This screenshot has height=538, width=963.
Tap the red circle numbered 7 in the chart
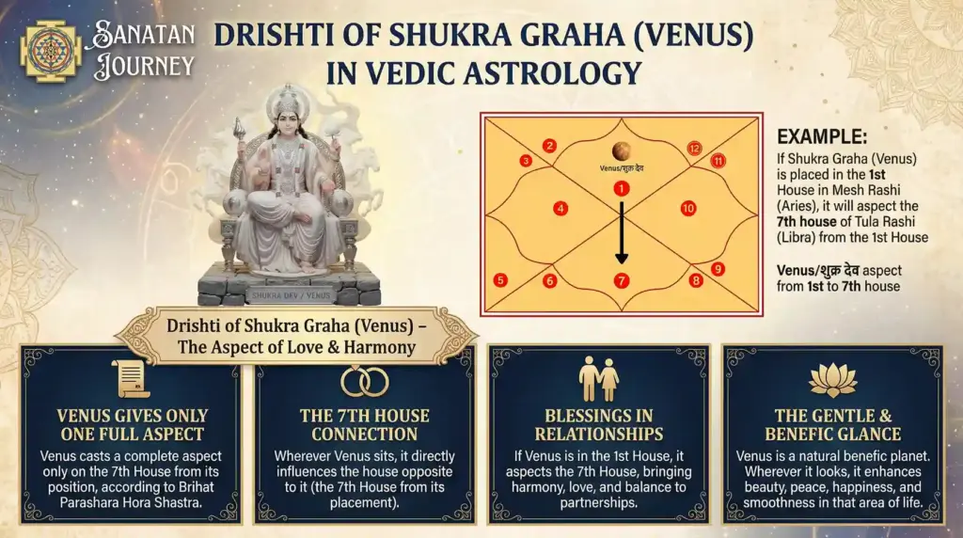[621, 280]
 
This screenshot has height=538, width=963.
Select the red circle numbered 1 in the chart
[620, 189]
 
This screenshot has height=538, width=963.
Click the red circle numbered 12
[694, 148]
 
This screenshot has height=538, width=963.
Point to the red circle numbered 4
[560, 208]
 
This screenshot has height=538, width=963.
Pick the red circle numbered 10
[687, 208]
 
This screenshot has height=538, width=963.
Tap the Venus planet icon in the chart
[621, 150]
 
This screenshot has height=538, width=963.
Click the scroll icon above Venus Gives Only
[131, 379]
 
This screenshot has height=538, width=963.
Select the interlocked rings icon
[364, 381]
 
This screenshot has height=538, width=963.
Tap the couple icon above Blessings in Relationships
[598, 379]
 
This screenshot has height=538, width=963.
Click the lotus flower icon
[832, 380]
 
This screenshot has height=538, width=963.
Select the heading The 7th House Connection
[364, 425]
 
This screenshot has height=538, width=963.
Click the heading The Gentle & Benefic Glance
[832, 425]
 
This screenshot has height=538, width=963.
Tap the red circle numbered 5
[500, 279]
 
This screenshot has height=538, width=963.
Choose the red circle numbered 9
[718, 269]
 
